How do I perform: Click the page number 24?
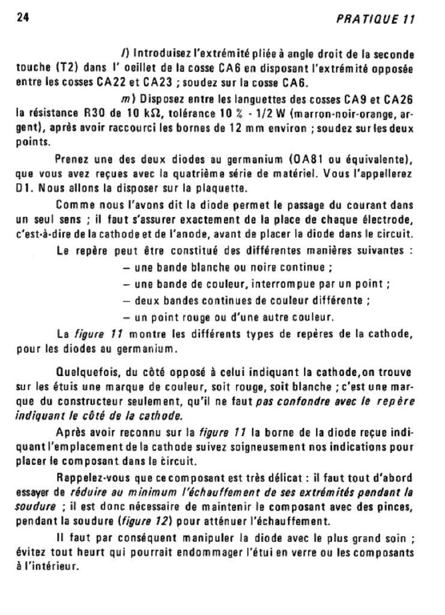(23, 18)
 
